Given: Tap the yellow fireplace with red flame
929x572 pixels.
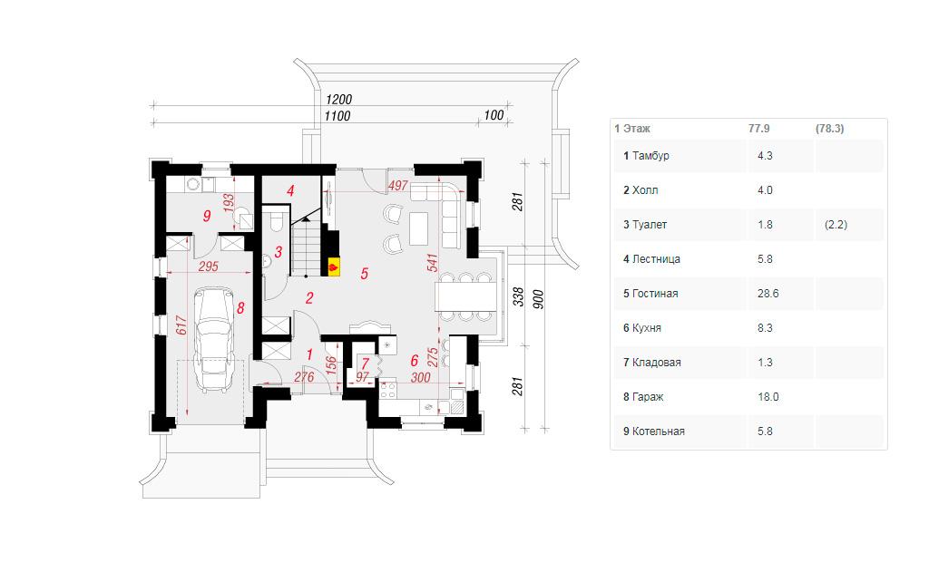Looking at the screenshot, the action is click(334, 267).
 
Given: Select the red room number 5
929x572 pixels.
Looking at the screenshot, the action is click(365, 274).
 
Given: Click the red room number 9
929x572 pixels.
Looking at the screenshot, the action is click(207, 216).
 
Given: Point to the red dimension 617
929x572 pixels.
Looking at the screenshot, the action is click(181, 325).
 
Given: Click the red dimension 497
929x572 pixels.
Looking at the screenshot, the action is click(398, 185).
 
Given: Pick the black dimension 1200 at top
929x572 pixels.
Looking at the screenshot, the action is click(338, 100).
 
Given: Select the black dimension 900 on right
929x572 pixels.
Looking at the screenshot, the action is click(538, 299).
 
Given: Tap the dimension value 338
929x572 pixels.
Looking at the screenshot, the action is click(518, 296).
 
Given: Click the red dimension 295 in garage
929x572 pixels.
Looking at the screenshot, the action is click(209, 267).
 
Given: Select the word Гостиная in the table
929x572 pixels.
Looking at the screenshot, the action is click(655, 294).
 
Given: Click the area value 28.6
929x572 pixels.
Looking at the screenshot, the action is click(768, 294).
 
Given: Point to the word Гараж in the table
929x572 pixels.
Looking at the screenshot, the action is click(648, 397).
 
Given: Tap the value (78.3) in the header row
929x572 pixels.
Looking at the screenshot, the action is click(829, 129).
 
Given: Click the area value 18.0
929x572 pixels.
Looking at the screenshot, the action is click(768, 397).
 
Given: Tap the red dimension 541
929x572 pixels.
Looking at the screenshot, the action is click(433, 263).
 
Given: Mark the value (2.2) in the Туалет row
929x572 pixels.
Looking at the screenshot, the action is click(836, 225).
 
